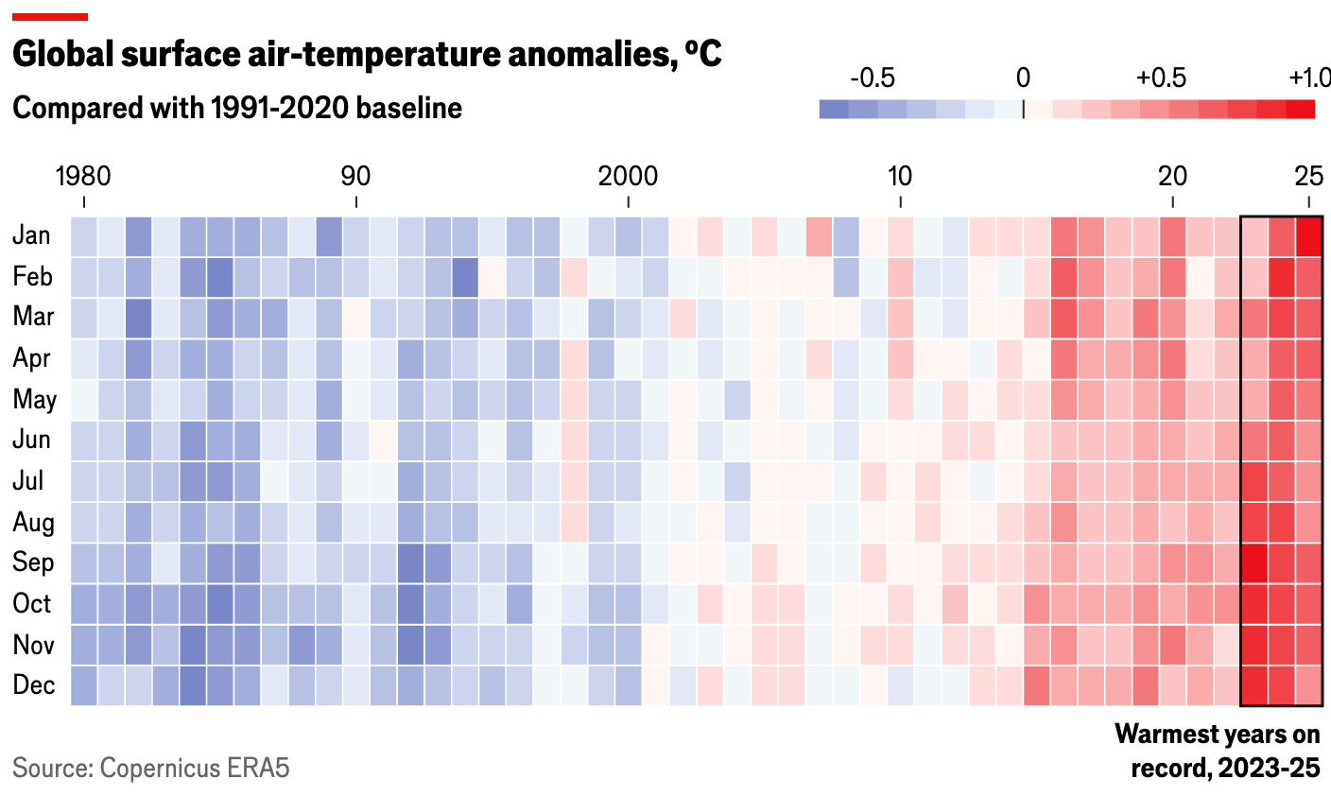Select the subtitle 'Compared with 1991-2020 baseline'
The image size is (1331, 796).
click(x=237, y=108)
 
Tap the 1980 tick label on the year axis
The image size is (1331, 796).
click(x=83, y=177)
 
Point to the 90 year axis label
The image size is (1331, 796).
click(x=355, y=177)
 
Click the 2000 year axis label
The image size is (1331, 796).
click(x=628, y=177)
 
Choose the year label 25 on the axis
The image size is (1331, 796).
click(x=1308, y=177)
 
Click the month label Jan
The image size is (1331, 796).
click(x=32, y=235)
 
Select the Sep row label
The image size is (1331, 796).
click(x=33, y=562)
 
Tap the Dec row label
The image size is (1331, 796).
click(x=33, y=685)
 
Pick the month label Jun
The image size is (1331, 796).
click(x=32, y=440)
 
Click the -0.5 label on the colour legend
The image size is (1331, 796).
click(x=872, y=78)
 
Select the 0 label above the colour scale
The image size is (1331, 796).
click(x=1023, y=78)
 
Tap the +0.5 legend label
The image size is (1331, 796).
click(x=1161, y=78)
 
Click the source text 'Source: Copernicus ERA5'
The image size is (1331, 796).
click(x=151, y=768)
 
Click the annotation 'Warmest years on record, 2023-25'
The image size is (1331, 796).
click(x=1218, y=752)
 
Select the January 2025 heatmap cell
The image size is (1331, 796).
click(x=1309, y=236)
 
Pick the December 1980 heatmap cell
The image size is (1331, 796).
click(x=84, y=685)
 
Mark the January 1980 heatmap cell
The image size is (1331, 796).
click(x=84, y=236)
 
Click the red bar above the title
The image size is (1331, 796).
click(x=50, y=16)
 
